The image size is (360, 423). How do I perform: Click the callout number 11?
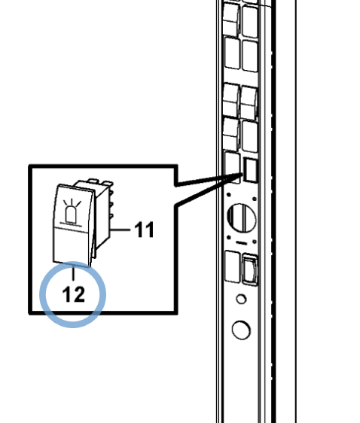click(145, 230)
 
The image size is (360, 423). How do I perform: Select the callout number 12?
click(73, 294)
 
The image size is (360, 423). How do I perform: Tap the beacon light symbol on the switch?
click(72, 211)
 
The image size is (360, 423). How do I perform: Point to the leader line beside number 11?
click(121, 230)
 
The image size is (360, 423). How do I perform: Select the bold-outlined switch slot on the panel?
click(250, 169)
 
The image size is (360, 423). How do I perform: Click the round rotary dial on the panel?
click(242, 218)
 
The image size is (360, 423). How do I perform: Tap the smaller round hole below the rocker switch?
click(241, 299)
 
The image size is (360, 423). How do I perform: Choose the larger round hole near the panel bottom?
click(241, 330)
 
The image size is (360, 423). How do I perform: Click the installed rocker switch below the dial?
click(250, 269)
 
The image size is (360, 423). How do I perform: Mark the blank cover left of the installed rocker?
click(233, 266)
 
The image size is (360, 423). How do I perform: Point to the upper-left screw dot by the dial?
click(229, 194)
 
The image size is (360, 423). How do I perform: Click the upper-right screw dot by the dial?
click(255, 199)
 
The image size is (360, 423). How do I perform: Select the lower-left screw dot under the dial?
click(229, 237)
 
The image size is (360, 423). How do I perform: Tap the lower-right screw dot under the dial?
click(255, 242)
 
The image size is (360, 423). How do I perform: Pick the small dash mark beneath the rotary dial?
click(242, 243)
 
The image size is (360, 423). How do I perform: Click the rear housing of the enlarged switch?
click(101, 213)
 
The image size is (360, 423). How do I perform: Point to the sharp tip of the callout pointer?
click(242, 175)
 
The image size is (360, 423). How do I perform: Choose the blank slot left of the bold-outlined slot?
click(233, 167)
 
